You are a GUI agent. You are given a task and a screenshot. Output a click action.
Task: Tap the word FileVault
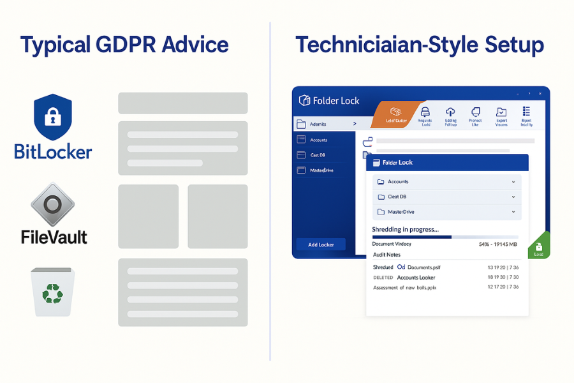coord(54,237)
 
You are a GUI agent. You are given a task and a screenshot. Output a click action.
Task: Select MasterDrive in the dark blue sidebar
coord(321,170)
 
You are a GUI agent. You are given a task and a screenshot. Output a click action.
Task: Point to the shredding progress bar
coord(446,237)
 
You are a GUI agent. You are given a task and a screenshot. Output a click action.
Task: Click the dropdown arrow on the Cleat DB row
coord(513,197)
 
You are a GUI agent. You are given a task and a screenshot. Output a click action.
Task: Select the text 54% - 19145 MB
coord(499,244)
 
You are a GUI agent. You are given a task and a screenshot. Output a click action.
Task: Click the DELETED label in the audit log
coord(383,278)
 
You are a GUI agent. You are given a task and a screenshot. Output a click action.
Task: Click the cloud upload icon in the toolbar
coord(450,112)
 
